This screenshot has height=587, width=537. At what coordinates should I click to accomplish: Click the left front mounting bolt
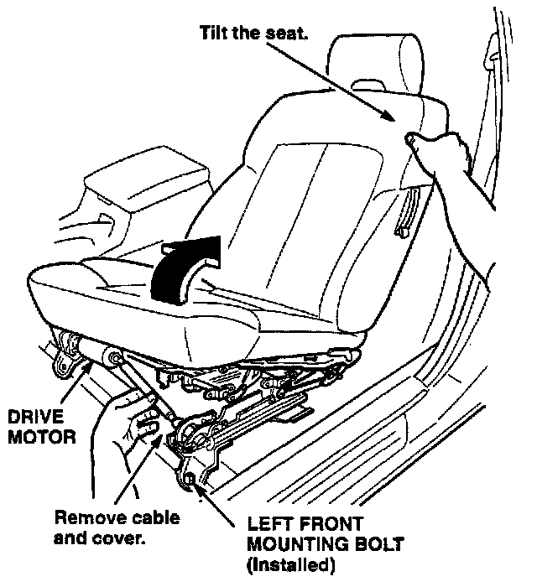[190, 480]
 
